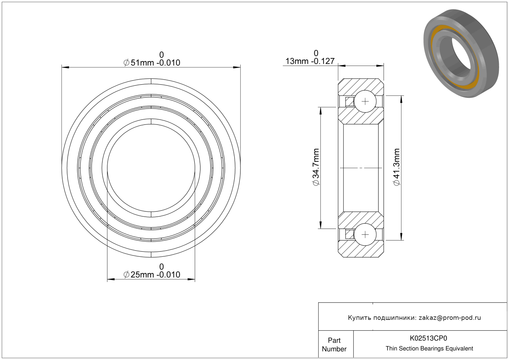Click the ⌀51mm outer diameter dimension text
coord(152,63)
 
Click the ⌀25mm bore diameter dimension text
coord(152,275)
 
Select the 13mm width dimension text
coord(310,61)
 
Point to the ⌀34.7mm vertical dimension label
coord(316,167)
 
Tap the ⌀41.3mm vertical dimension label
coord(396,167)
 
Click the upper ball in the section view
coord(365,101)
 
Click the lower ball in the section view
coord(365,235)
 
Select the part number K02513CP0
coord(428,338)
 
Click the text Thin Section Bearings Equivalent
coord(429,349)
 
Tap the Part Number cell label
coord(334,345)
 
